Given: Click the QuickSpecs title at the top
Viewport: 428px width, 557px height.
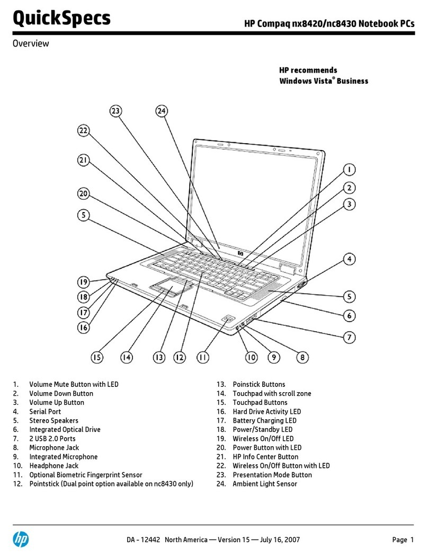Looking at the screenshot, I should click(61, 19).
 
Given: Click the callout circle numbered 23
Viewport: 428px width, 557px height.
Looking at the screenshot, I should click(115, 111).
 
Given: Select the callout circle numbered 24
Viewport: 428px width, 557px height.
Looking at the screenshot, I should click(162, 111).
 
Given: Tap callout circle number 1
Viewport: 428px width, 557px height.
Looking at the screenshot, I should click(349, 170).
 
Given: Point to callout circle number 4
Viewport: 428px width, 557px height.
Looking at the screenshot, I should click(350, 259).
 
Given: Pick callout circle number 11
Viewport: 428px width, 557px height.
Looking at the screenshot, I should click(203, 358).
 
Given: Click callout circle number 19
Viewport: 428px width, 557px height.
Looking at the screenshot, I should click(83, 282).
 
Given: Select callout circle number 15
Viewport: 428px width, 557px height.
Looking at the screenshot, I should click(96, 358).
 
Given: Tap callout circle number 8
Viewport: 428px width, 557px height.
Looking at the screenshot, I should click(302, 358).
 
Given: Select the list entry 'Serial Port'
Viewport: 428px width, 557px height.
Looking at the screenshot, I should click(45, 411).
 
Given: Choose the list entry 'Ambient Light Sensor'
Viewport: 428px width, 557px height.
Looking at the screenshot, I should click(265, 483).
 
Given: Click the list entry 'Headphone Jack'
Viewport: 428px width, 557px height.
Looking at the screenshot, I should click(53, 465).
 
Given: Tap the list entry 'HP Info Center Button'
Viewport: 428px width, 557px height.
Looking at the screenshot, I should click(265, 456).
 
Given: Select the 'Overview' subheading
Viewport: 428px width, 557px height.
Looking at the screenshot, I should click(30, 43).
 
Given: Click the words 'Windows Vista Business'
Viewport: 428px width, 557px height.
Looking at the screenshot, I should click(323, 81).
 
